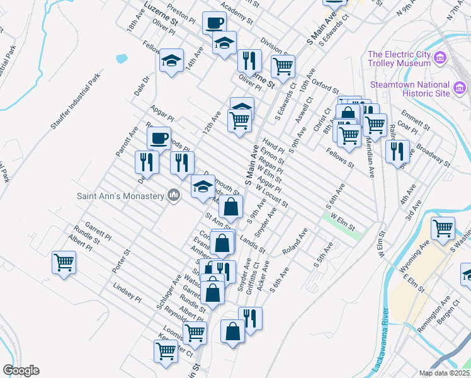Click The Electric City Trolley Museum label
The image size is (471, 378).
pos(399,58)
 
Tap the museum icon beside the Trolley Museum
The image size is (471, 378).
pos(440,59)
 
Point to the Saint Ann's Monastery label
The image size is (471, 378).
pos(120,195)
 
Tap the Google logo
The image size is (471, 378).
pos(21,370)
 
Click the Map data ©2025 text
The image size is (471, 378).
pos(444,373)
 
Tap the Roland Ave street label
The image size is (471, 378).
pos(295,242)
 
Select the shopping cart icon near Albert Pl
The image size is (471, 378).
pos(64,261)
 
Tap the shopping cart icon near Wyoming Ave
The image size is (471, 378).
pos(443,227)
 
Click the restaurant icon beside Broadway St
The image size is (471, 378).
pos(397,150)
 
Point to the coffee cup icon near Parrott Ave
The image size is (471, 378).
pos(159,137)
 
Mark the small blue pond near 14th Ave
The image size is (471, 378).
pos(122,59)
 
